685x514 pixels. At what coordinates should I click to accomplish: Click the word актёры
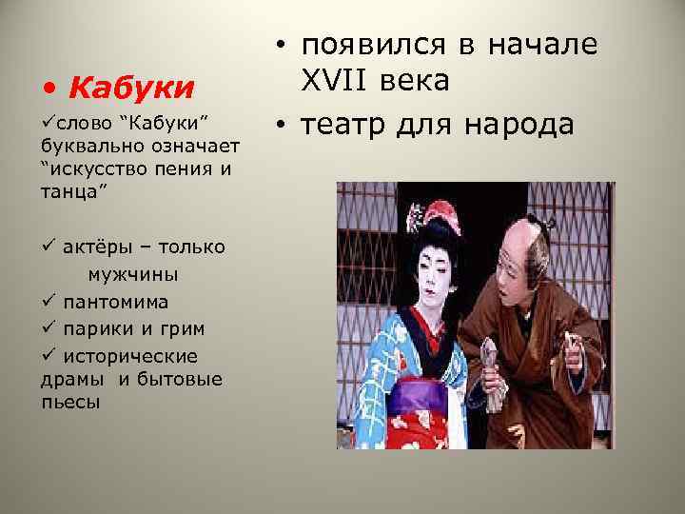click(100, 247)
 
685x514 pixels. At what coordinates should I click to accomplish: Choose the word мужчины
click(132, 275)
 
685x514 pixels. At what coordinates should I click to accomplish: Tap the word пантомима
click(115, 302)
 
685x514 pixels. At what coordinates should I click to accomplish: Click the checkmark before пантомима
click(47, 302)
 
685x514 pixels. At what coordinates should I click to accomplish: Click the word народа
click(519, 125)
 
